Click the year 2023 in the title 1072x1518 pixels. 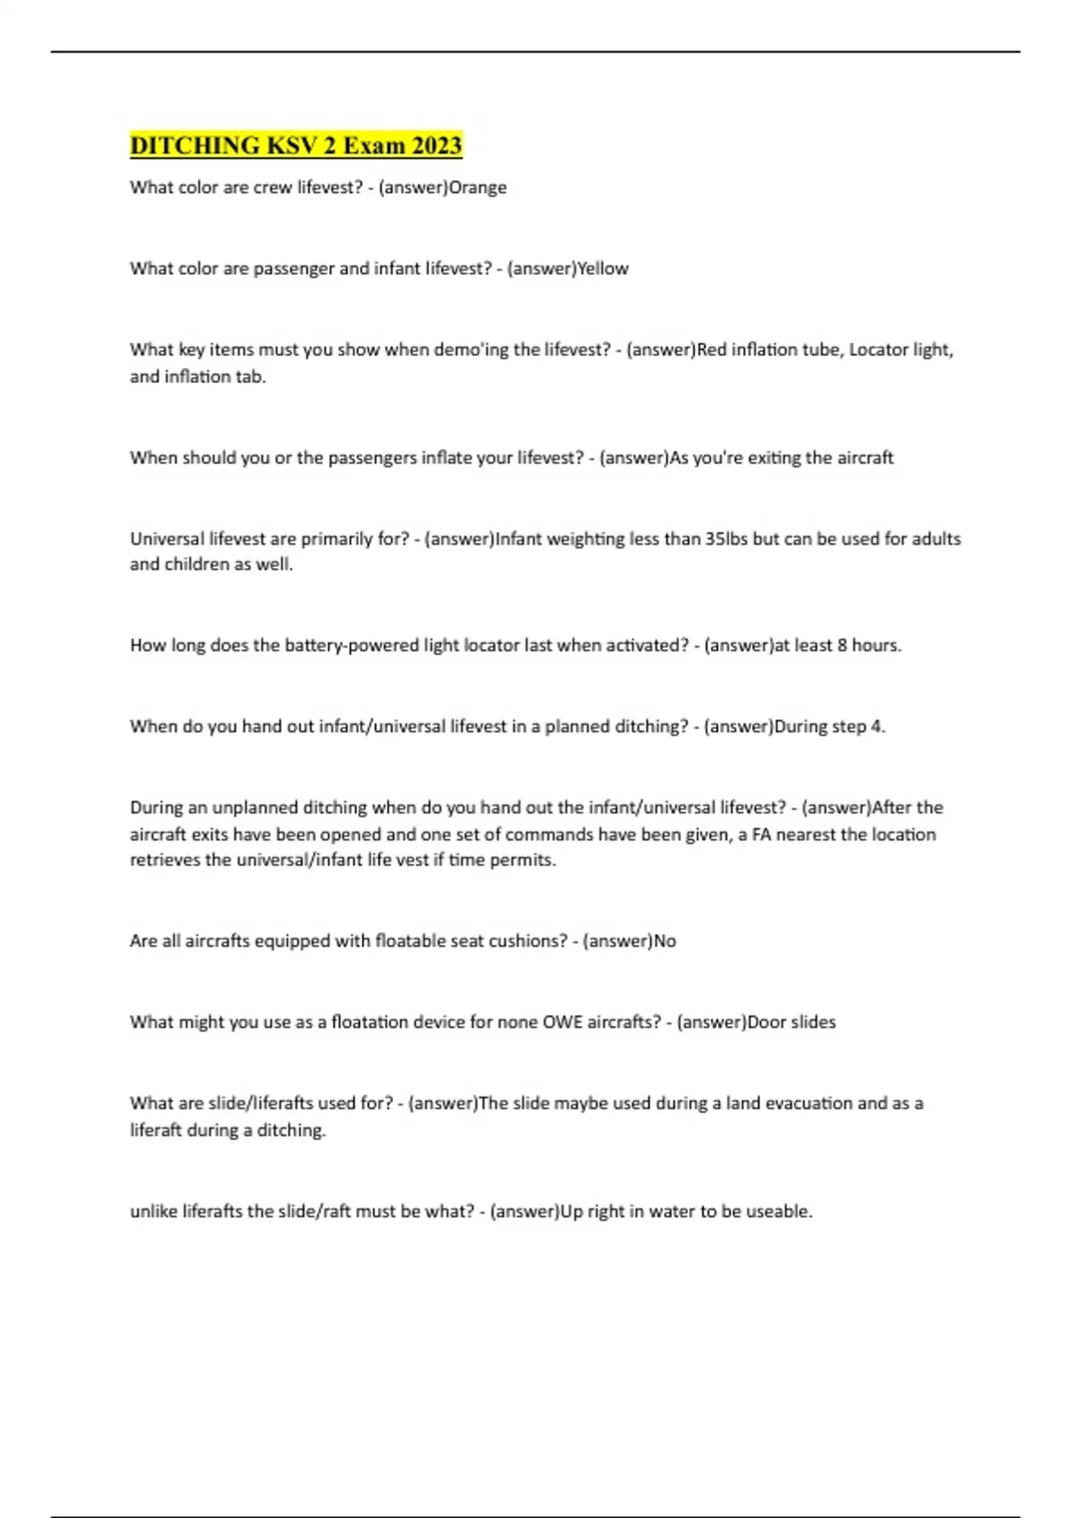click(x=437, y=146)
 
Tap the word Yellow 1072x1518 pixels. click(x=603, y=269)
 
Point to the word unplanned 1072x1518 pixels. click(x=255, y=808)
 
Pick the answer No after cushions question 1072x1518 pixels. click(x=665, y=941)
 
